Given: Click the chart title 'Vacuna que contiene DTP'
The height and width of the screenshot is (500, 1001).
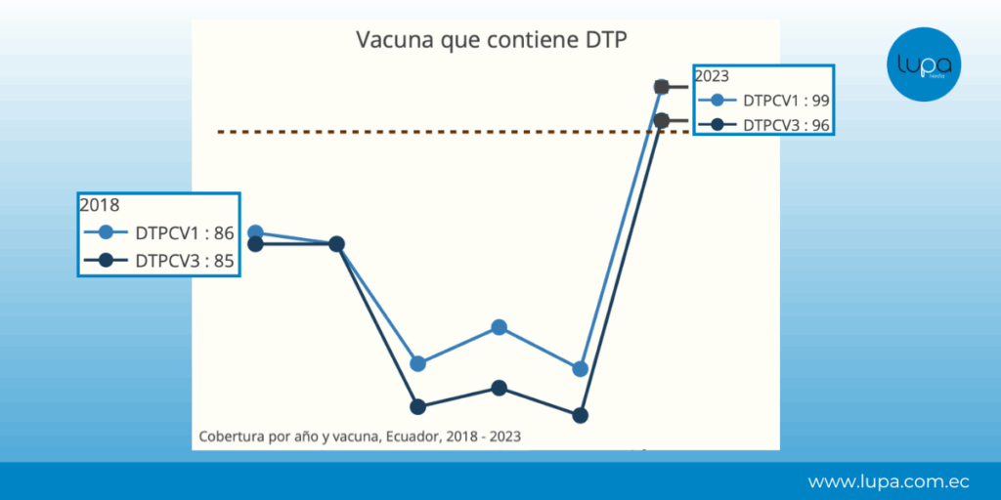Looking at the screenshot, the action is click(x=492, y=40).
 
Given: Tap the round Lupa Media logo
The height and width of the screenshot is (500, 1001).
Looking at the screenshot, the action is click(x=924, y=63).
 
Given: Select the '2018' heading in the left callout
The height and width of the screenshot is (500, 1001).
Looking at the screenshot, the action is click(x=100, y=205).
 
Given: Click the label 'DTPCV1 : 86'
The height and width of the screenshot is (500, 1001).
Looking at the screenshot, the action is click(x=185, y=233).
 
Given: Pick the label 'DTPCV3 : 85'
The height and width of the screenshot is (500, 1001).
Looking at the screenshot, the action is click(x=185, y=261).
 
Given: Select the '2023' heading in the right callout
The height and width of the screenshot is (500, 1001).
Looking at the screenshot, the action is click(x=712, y=76).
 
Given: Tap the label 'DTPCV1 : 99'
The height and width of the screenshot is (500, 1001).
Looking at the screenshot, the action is click(x=787, y=101).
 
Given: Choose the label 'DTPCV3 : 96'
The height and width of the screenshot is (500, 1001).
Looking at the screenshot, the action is click(x=787, y=126).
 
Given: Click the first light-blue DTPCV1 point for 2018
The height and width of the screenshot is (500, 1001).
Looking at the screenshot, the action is click(x=255, y=232).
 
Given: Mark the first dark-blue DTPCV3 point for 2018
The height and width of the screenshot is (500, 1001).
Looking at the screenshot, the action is click(x=255, y=243).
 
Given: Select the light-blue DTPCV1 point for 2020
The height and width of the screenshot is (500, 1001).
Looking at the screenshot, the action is click(x=418, y=363).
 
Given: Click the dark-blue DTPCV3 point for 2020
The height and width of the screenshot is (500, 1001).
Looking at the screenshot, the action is click(x=418, y=407).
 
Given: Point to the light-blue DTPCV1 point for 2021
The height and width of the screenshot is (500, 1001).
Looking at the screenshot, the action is click(x=500, y=327).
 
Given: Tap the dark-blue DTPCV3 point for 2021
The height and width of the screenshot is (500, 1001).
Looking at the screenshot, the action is click(x=500, y=388).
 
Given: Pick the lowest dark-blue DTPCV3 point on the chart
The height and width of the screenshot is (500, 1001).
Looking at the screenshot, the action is click(x=580, y=415).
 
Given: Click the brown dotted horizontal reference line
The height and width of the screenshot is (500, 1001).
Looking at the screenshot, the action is click(x=454, y=132).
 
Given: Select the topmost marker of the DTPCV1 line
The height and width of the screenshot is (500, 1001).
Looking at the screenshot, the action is click(x=662, y=87).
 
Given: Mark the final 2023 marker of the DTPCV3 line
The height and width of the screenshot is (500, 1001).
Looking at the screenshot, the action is click(x=662, y=120).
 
